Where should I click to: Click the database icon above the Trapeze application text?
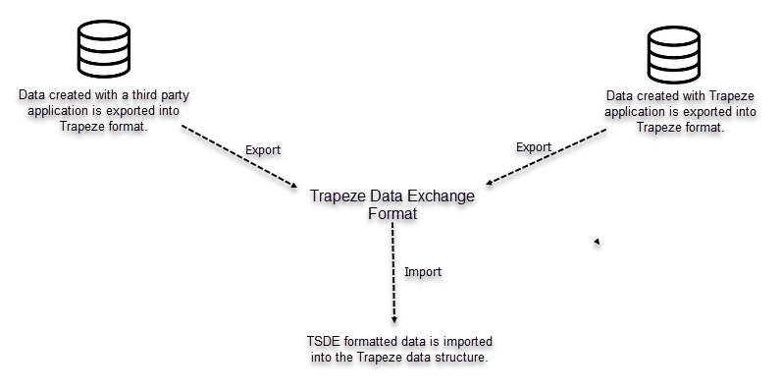coord(674,55)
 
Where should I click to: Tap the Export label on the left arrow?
coord(262,149)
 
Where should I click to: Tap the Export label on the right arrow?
coord(534,147)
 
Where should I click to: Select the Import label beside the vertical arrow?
coord(423,271)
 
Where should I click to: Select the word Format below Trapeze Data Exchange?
coord(391,213)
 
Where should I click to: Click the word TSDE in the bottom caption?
coord(323,341)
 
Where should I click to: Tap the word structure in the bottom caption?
coord(459,358)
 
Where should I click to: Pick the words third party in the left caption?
coord(140,95)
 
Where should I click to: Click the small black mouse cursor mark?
coord(597,242)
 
